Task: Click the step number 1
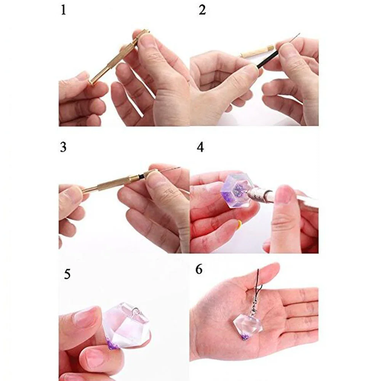tap(63, 10)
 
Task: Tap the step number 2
tap(202, 10)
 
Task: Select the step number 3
tap(63, 147)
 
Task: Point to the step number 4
tap(200, 147)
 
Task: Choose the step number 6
tap(199, 269)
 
